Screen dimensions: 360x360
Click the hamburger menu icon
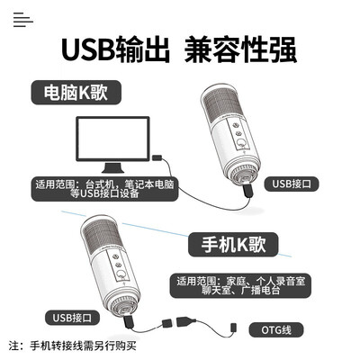coord(23,20)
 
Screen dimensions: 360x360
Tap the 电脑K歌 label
coord(76,93)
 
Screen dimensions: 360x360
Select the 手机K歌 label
coord(233,244)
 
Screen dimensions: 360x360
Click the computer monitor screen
coord(112,139)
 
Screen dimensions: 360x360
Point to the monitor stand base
coord(112,168)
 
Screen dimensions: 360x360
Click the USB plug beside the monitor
coord(157,157)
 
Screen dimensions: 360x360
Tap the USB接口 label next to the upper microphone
coord(292,184)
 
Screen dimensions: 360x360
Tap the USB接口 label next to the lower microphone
coord(72,318)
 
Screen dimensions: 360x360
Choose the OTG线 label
coord(276,330)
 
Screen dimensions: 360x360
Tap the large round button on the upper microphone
coord(240,142)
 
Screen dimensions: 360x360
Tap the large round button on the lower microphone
coord(121,274)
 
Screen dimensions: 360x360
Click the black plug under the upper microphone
coord(247,190)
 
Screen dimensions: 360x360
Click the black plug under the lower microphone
coord(129,322)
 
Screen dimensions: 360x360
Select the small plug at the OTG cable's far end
coord(234,327)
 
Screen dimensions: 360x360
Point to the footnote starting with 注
coord(73,346)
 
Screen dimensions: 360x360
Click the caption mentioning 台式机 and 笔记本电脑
coord(104,189)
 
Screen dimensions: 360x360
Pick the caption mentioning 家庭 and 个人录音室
coord(240,285)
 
